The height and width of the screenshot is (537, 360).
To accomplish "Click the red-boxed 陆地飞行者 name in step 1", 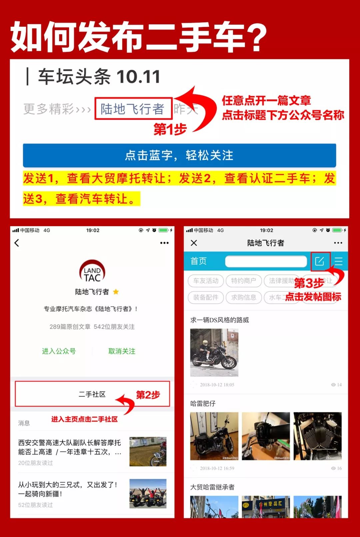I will [x=133, y=109].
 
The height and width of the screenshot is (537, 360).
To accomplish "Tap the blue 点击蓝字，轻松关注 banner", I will [x=179, y=155].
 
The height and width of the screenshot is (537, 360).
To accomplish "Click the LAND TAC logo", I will [x=92, y=271].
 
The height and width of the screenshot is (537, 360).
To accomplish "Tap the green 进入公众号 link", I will [x=59, y=351].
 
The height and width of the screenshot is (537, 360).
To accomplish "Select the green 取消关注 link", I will [x=122, y=351].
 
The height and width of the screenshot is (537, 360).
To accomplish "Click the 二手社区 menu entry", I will [x=92, y=394].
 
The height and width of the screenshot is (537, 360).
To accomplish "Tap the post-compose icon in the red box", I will [x=320, y=261].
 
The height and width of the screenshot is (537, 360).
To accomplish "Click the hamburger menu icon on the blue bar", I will [x=339, y=261].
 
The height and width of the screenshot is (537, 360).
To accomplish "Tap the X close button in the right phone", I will [x=194, y=243].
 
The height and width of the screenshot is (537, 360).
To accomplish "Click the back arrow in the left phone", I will [x=17, y=243].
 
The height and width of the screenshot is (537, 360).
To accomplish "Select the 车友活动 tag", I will [x=206, y=281].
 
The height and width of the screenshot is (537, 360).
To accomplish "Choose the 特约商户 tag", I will [x=244, y=281].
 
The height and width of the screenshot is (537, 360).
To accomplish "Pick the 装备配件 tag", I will [x=206, y=297].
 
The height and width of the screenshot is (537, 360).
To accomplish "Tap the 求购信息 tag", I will [x=244, y=297].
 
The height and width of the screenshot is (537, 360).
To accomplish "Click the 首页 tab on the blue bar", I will [x=198, y=261].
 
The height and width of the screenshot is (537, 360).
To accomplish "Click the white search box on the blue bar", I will [x=266, y=261].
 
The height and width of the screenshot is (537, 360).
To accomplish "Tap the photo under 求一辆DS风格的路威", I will [x=214, y=353].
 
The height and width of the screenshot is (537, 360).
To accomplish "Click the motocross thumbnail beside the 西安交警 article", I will [x=148, y=452].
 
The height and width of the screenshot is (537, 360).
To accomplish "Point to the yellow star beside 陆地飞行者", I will [x=116, y=292].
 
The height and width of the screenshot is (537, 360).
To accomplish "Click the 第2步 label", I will [x=148, y=395].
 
